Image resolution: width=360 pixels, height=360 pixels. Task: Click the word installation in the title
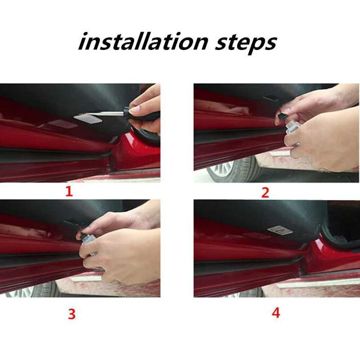coord(142,42)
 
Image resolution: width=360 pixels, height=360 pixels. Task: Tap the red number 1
coord(69,192)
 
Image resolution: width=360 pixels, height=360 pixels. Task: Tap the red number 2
coord(265,193)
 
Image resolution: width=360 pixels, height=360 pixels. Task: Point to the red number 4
coord(276,312)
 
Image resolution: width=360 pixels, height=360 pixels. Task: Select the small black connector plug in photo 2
coord(282,117)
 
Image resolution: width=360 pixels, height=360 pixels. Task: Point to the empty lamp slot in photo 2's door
coord(271,99)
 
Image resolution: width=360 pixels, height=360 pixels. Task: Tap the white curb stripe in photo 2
coord(280,153)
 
